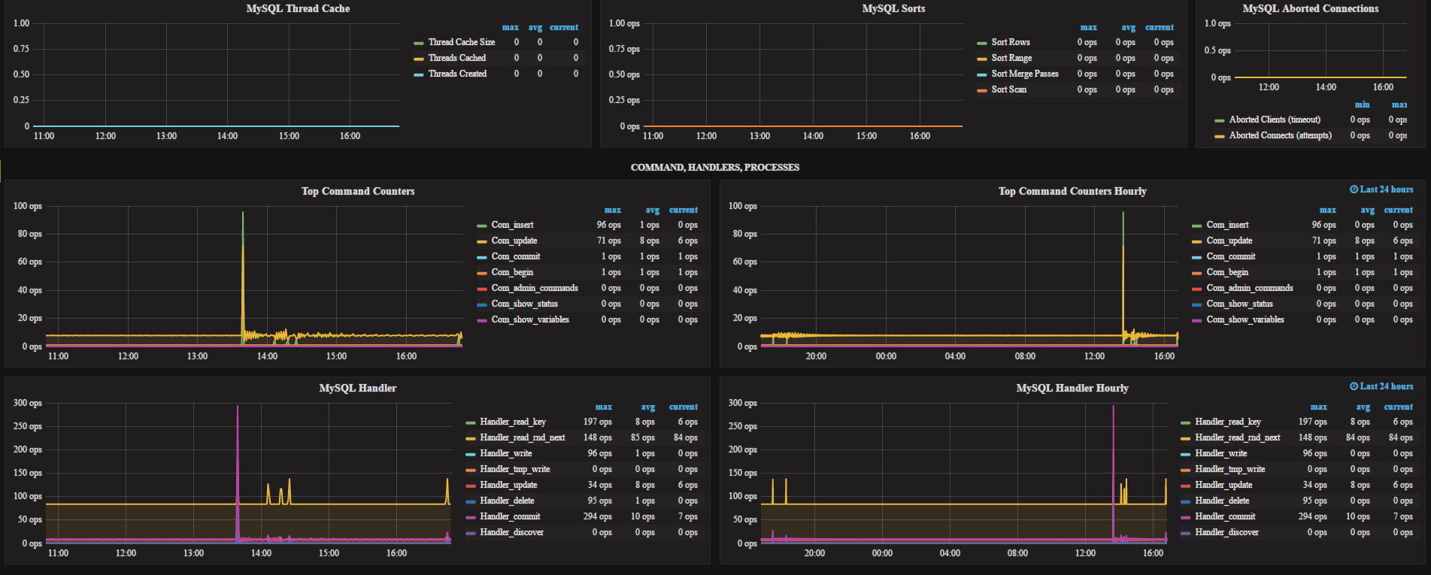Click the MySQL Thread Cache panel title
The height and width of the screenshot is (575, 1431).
click(x=298, y=9)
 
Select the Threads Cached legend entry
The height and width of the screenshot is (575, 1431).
click(x=456, y=58)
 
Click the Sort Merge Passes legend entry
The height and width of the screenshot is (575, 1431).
click(x=1024, y=74)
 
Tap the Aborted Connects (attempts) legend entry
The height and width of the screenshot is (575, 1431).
click(x=1280, y=135)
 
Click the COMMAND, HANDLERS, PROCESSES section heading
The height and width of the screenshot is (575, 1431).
click(x=714, y=168)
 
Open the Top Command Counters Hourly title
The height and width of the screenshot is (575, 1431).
click(x=1072, y=192)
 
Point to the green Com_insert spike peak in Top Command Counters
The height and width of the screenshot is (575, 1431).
click(x=243, y=213)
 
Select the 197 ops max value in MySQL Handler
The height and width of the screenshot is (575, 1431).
click(x=597, y=422)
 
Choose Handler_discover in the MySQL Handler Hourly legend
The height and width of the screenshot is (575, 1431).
click(x=1226, y=532)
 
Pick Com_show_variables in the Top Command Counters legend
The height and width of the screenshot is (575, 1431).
click(x=529, y=319)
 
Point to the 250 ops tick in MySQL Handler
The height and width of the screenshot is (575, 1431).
click(x=28, y=426)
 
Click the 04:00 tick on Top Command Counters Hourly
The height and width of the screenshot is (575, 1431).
click(x=955, y=356)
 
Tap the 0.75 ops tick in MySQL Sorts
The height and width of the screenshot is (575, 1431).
click(x=624, y=49)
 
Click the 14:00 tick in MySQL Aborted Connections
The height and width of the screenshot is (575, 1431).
click(x=1326, y=87)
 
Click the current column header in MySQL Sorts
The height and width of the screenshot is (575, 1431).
click(x=1159, y=27)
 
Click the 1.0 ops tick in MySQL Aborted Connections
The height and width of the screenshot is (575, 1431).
click(x=1217, y=23)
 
